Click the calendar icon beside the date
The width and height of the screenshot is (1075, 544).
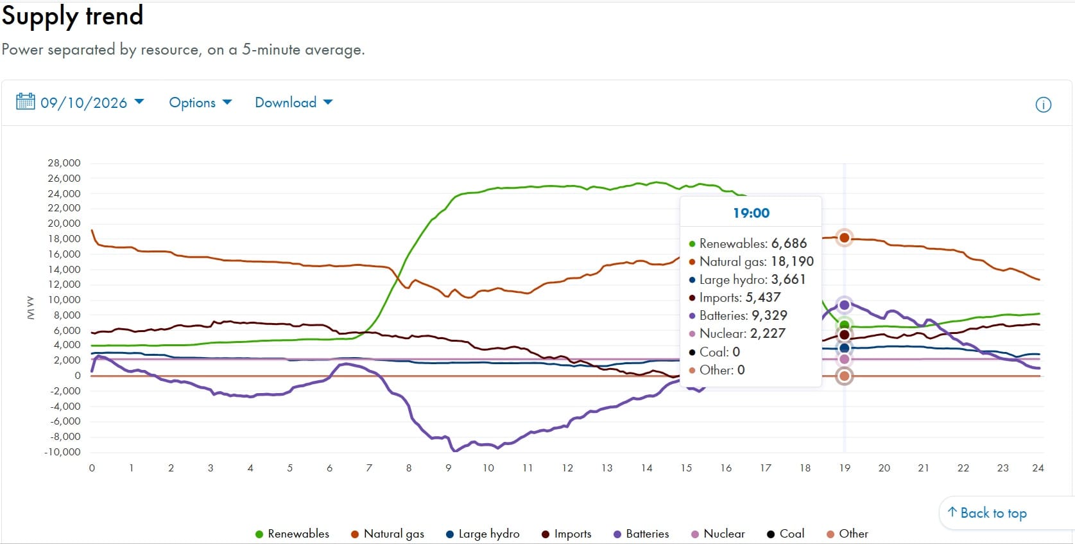[25, 101]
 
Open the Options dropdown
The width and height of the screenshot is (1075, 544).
[200, 102]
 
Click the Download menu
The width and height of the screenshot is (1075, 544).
[294, 102]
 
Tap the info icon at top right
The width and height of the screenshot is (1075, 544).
[1044, 104]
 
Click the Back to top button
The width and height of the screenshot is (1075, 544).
[988, 513]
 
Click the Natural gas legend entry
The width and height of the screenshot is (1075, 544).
[388, 534]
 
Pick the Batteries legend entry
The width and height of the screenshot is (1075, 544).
[641, 534]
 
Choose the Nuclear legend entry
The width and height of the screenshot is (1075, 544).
[718, 534]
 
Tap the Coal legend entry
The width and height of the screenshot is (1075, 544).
[786, 534]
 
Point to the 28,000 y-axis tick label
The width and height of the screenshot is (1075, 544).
[64, 162]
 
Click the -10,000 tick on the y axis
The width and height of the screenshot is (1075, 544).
[62, 452]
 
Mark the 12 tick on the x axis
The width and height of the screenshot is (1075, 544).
[567, 468]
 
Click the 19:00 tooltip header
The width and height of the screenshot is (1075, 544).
[751, 213]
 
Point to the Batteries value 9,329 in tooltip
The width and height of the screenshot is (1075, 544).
[770, 315]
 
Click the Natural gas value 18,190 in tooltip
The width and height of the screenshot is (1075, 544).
[793, 261]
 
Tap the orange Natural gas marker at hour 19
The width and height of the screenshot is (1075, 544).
[844, 238]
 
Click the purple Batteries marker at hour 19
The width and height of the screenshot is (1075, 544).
[844, 305]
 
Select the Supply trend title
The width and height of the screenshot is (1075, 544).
[73, 15]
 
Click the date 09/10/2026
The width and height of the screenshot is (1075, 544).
[83, 103]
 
